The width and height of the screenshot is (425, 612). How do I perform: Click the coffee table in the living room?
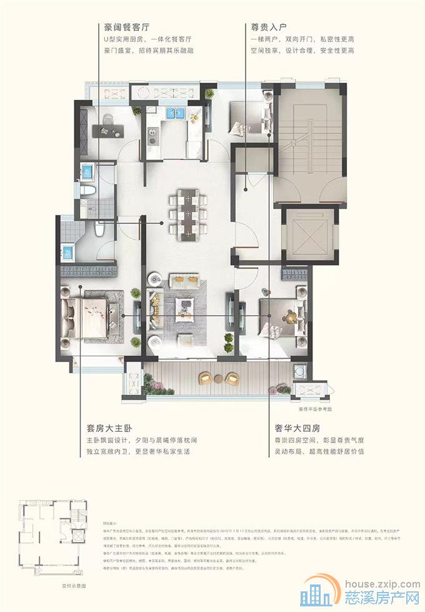(186, 305)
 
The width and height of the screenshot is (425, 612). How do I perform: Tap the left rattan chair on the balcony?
(205, 378)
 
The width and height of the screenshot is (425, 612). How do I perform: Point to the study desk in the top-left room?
(108, 130)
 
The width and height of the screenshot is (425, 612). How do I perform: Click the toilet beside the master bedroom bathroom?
(98, 231)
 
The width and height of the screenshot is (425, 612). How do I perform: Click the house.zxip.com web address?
(373, 581)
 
